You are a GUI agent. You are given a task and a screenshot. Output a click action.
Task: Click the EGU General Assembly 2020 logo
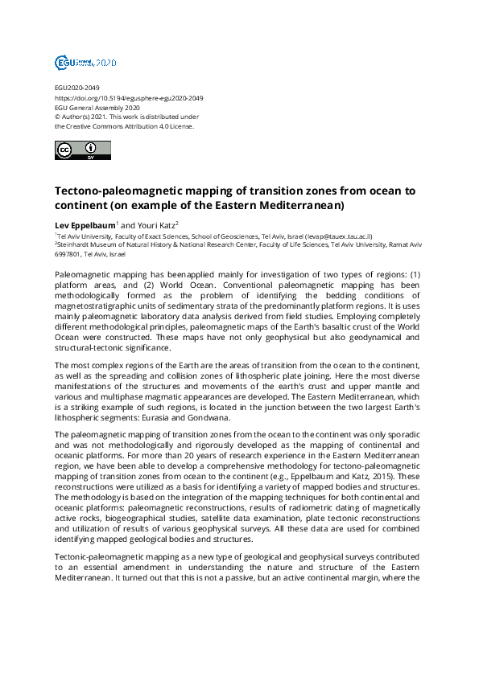(x=85, y=62)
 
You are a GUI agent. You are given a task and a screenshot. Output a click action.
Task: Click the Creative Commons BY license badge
(x=82, y=150)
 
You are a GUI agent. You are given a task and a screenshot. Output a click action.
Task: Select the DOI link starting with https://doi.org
(x=128, y=98)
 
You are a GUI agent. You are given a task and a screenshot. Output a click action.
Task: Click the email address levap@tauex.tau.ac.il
(x=337, y=237)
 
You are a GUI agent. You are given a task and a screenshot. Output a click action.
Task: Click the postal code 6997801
(x=68, y=254)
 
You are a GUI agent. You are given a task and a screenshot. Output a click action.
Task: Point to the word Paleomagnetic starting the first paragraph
(x=85, y=275)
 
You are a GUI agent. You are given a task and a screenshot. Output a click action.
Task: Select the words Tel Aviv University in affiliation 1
(x=81, y=237)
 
